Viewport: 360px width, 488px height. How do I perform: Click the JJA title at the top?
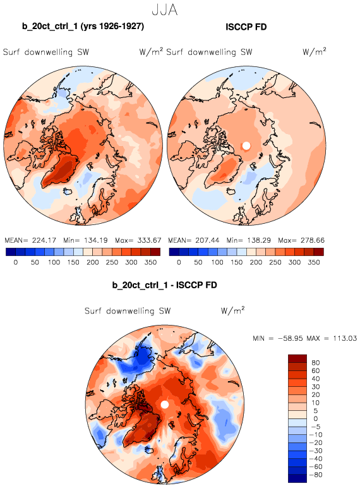(x=164, y=10)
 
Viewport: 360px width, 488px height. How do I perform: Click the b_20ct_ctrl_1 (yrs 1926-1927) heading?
(x=83, y=26)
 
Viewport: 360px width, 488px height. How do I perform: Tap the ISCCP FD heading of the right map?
(x=246, y=27)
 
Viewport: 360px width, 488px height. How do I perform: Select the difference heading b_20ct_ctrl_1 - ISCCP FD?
(x=164, y=285)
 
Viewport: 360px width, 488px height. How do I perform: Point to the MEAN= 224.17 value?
(x=30, y=240)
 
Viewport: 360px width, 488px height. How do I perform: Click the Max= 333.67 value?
(x=138, y=240)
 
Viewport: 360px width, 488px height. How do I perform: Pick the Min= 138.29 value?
(x=248, y=240)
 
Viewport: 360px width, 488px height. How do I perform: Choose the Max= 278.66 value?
(x=301, y=240)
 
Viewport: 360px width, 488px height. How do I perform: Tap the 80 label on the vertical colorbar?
(x=316, y=363)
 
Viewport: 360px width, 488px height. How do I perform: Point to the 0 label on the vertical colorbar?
(x=316, y=419)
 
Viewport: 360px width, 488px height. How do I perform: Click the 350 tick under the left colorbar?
(x=150, y=262)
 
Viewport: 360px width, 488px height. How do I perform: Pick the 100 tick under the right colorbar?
(x=217, y=262)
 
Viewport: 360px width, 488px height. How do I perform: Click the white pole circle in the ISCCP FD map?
(x=246, y=146)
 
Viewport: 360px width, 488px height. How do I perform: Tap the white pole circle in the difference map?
(x=165, y=405)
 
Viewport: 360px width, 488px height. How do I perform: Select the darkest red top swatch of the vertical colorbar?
(x=297, y=358)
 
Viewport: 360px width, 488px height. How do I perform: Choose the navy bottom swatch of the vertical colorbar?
(x=297, y=479)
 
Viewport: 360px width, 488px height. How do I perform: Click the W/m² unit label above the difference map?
(x=232, y=310)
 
